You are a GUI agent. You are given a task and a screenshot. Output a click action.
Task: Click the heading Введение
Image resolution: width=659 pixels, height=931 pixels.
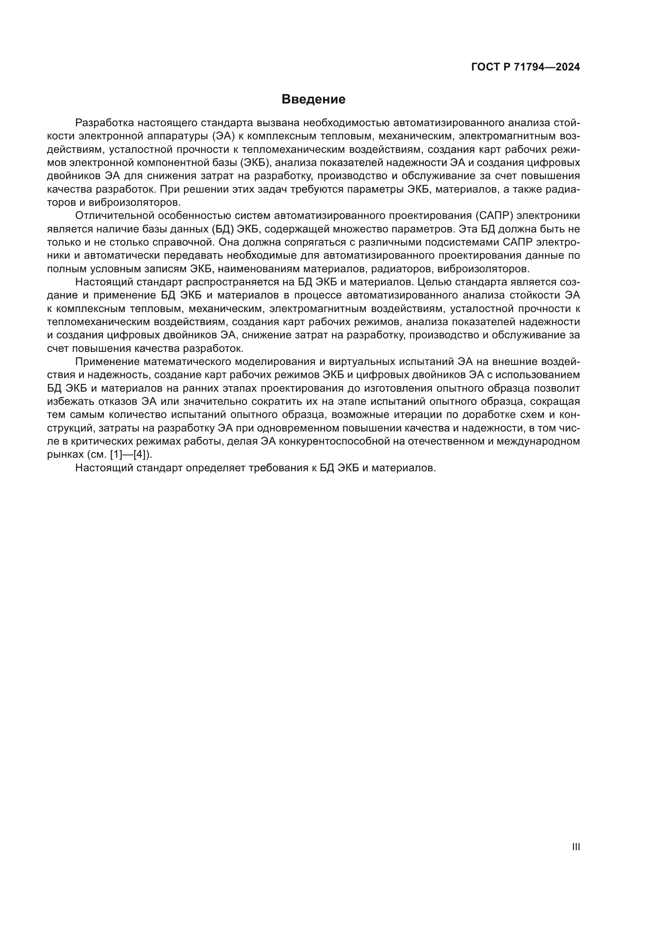tap(313, 100)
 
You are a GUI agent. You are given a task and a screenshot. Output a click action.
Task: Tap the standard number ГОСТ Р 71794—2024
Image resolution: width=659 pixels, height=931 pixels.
tap(526, 67)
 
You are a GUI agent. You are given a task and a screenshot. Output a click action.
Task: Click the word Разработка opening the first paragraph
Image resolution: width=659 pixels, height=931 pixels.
tap(104, 123)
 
